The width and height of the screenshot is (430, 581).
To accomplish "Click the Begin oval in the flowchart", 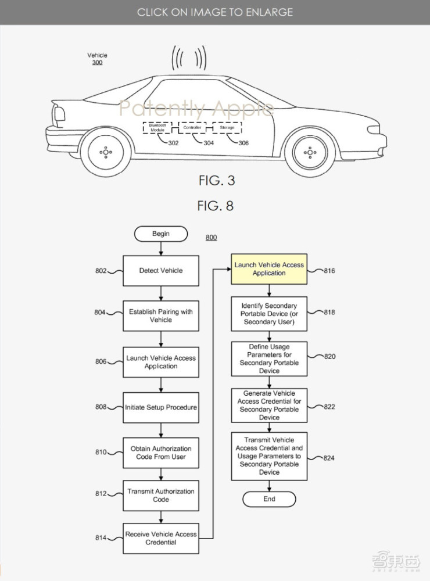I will coord(161,234).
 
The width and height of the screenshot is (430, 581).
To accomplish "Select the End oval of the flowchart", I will coord(269,499).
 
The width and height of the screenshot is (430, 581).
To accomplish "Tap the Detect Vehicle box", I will coord(161,271).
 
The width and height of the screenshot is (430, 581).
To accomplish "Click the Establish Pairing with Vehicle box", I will coord(161,315).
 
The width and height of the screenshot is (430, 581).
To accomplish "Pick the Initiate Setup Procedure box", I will coord(161,407).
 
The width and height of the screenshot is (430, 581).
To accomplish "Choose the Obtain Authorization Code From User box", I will coord(161,453).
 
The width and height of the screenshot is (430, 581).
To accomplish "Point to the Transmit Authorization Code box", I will coord(161,495).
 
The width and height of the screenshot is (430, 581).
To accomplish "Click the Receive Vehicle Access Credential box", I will coord(161,538).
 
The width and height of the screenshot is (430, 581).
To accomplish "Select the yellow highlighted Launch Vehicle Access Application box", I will coord(269,269).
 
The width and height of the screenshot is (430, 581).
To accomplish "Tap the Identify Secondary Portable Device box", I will coord(269,314).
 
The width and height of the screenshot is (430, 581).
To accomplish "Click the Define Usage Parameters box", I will coord(269,358).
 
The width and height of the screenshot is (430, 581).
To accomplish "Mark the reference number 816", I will coord(329,271).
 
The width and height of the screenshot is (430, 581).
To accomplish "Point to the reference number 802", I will coord(101,271).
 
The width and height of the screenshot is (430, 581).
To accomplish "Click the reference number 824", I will coord(329,458).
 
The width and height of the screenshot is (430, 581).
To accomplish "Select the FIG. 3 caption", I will coord(216,181).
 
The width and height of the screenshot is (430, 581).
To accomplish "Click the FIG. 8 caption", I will coord(216,206).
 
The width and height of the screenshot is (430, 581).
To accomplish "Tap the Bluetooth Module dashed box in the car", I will coord(157,128).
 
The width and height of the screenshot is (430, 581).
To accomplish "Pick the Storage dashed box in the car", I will coord(227,128).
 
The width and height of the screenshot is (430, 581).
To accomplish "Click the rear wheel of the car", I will coord(105,152).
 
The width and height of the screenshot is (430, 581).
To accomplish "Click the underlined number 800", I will coord(211,238).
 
